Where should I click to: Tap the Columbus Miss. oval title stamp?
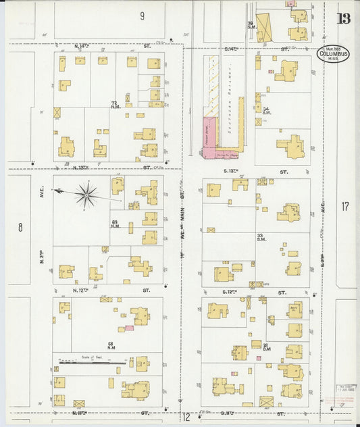[x=332, y=54]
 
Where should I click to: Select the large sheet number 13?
[x=344, y=18]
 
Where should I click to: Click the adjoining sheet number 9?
[x=143, y=16]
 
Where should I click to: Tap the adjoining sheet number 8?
[x=20, y=227]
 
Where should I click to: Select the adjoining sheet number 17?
[x=346, y=207]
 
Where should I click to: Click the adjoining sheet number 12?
[x=185, y=418]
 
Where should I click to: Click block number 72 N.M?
[x=115, y=105]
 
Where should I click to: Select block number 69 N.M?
[x=115, y=224]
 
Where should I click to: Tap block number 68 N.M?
[x=111, y=346]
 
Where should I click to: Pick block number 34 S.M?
[x=267, y=110]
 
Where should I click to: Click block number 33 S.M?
[x=260, y=236]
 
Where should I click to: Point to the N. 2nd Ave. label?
[x=42, y=196]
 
